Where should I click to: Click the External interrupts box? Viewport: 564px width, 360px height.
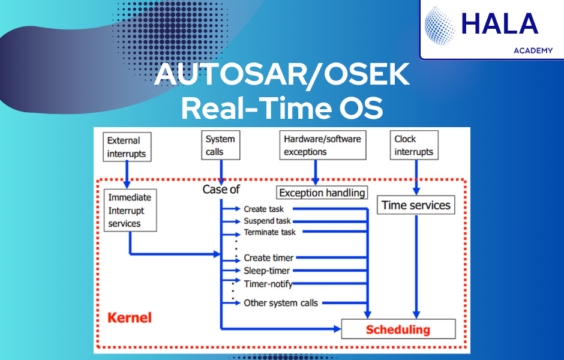tap(127, 147)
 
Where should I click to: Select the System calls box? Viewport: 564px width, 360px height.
tap(220, 145)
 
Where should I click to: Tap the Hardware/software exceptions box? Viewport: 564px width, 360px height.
tap(323, 145)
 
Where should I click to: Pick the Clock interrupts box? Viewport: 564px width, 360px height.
tap(414, 145)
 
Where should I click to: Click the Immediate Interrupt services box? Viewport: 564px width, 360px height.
tap(130, 211)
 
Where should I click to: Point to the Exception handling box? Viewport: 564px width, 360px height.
tap(322, 193)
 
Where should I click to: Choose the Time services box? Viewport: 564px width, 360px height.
tap(416, 205)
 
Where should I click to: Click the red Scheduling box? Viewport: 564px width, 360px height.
tap(398, 329)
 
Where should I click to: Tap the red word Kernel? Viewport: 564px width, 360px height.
tap(130, 317)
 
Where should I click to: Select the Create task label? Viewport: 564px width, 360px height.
tap(263, 209)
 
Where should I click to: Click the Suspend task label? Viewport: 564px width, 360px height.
tap(267, 221)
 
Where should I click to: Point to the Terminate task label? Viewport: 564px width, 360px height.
tap(269, 232)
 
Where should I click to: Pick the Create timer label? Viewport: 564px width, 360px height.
tap(268, 258)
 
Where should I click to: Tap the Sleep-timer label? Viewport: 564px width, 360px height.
tap(266, 271)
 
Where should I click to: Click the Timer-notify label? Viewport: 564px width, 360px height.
tap(268, 284)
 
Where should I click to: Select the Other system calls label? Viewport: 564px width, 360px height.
tap(281, 303)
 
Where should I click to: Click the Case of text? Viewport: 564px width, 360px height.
tap(221, 189)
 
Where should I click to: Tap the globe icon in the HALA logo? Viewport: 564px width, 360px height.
tap(440, 26)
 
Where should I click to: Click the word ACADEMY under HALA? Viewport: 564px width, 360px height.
tap(533, 51)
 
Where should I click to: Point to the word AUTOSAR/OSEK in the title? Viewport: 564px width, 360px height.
tap(282, 74)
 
